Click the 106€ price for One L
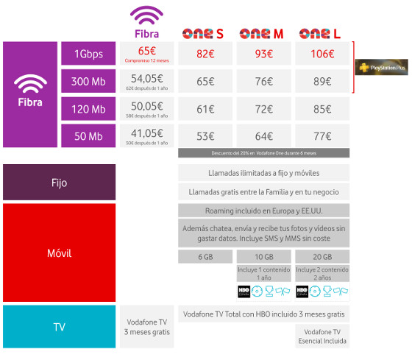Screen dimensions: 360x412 322,54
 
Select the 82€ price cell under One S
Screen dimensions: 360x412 205,54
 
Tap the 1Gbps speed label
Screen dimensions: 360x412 88,53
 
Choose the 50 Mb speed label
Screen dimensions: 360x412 88,136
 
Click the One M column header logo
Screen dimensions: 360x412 263,33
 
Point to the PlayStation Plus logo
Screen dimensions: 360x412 380,67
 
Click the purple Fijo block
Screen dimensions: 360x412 59,182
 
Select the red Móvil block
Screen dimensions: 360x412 59,253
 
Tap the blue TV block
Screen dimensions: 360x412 59,325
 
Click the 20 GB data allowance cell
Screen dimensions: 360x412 322,256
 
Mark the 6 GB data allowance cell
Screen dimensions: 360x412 205,256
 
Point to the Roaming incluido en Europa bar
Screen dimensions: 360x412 263,210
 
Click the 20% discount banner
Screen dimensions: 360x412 263,152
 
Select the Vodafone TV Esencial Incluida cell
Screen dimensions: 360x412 322,336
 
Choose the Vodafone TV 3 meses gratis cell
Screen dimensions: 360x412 146,326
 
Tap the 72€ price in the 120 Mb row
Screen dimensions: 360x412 263,109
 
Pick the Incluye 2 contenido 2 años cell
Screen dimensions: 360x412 322,273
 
